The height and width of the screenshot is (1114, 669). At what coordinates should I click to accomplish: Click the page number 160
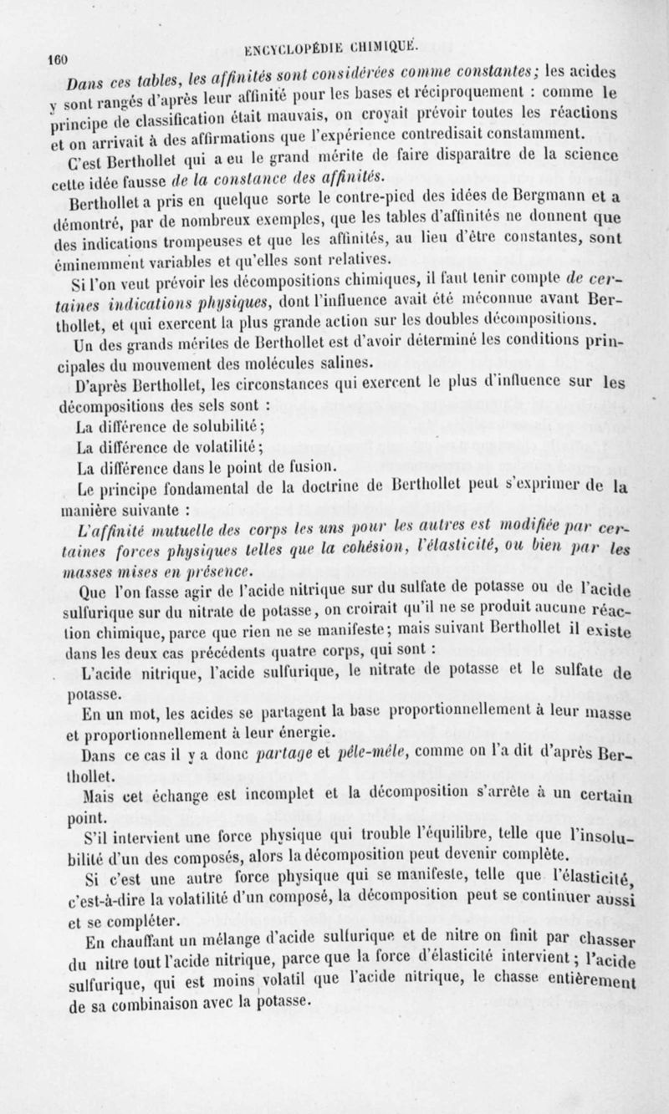[x=58, y=60]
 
